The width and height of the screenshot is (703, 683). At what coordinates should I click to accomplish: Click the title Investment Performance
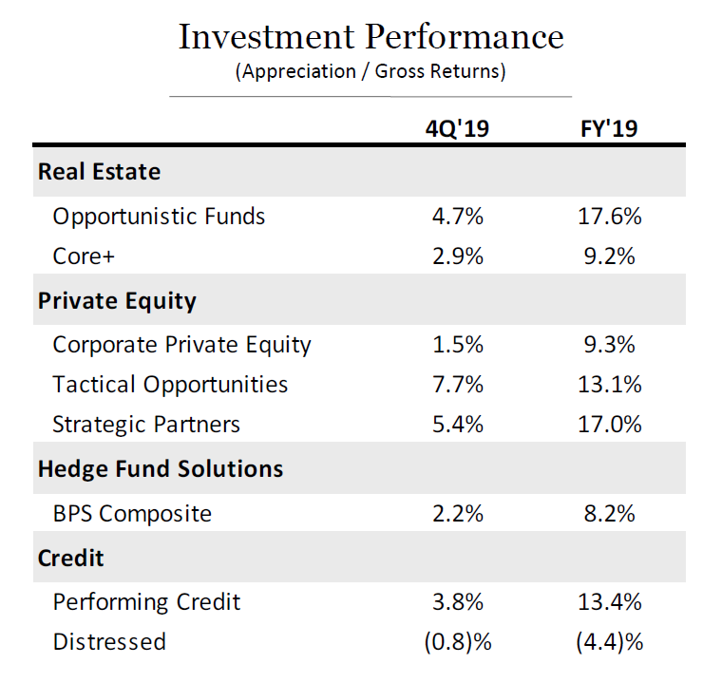tap(370, 37)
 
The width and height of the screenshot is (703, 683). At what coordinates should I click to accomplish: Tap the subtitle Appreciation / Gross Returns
tap(370, 71)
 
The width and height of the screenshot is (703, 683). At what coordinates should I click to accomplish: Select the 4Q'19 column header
tap(457, 128)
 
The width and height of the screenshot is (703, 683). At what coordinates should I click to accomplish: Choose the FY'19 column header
tap(609, 128)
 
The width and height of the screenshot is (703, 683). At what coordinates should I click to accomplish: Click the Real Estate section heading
tap(99, 172)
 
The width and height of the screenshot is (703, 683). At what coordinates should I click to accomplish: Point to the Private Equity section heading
tap(117, 301)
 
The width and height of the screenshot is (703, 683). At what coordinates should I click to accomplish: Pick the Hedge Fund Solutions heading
tap(160, 468)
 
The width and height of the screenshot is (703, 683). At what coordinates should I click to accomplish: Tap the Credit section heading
tap(70, 558)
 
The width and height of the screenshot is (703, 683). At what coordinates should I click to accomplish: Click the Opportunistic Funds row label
tap(159, 217)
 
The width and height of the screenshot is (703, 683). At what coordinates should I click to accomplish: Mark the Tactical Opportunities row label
tap(170, 385)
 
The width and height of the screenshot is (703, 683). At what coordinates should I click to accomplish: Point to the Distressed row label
tap(108, 642)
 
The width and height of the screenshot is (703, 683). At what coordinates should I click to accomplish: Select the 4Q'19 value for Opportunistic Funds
tap(457, 217)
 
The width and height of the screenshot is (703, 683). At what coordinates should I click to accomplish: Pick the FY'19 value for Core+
tap(609, 256)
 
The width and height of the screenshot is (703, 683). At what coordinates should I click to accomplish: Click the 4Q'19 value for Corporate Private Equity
tap(457, 345)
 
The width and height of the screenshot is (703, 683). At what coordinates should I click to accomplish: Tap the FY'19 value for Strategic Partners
tap(609, 424)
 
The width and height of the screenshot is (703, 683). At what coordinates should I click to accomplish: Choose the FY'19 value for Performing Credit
tap(609, 602)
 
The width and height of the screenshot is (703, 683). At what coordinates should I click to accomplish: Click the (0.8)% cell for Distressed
tap(457, 642)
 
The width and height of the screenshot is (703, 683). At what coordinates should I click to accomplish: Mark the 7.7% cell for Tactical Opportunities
tap(457, 385)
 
